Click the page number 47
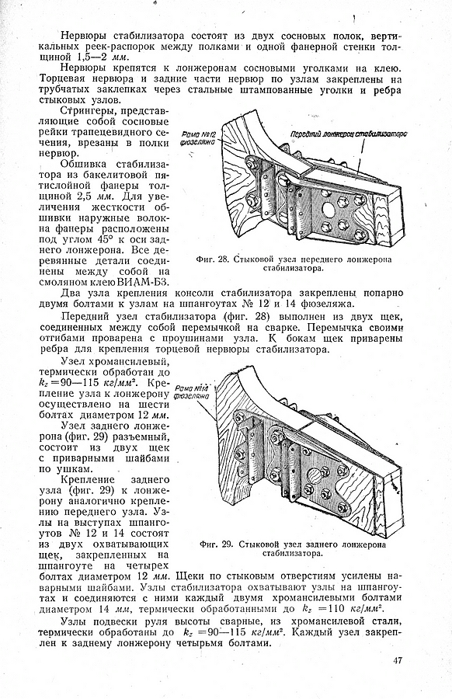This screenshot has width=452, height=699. point(398,660)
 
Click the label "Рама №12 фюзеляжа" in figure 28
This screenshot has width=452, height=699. point(197,137)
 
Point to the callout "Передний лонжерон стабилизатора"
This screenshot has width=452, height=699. point(349,134)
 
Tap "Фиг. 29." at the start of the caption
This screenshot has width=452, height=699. point(217,544)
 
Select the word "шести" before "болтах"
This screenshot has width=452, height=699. point(156,405)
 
